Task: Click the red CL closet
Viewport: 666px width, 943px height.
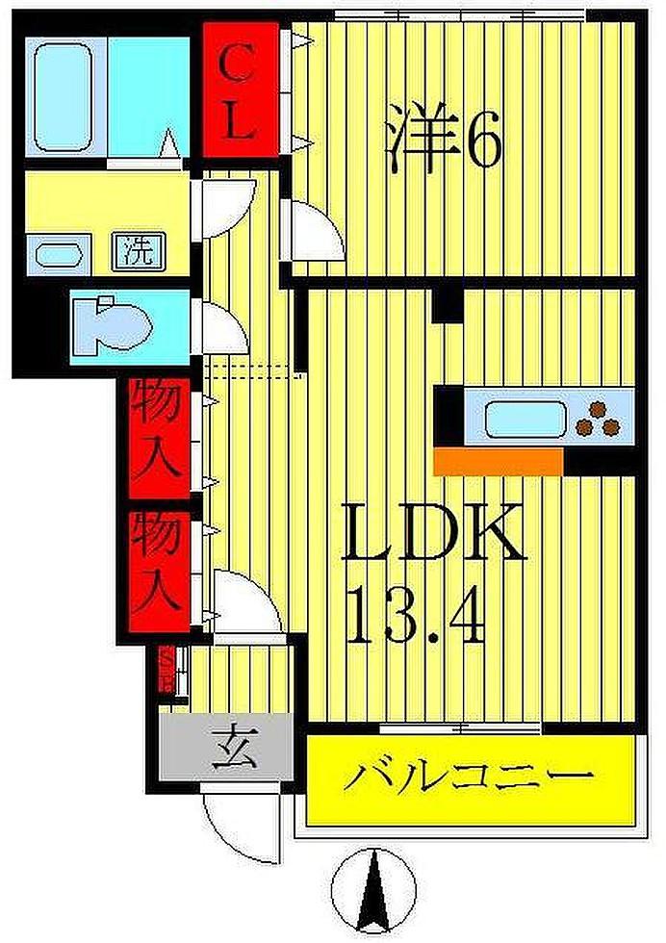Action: tap(241, 93)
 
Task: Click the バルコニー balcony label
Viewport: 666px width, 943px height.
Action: tap(470, 776)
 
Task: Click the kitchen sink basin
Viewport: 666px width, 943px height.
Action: tap(521, 420)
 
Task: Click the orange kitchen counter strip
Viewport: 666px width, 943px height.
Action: tap(499, 461)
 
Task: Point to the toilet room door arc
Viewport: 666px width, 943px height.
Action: tap(222, 326)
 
